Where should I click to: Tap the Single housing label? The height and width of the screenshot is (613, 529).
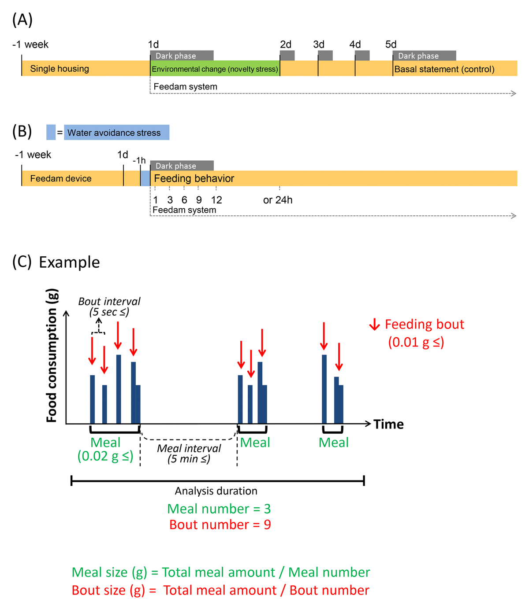click(x=60, y=69)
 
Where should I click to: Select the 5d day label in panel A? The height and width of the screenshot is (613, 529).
click(x=391, y=44)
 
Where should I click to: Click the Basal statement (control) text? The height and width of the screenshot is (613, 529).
click(x=444, y=69)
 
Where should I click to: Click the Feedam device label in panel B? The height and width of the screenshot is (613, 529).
click(x=61, y=178)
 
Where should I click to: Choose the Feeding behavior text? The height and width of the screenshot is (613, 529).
click(x=194, y=178)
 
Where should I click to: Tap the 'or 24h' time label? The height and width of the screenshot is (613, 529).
click(x=278, y=200)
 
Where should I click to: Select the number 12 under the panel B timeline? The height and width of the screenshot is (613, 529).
click(x=216, y=200)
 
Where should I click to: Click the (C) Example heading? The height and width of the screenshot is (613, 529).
click(x=56, y=262)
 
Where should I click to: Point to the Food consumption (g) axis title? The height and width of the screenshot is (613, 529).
click(x=52, y=355)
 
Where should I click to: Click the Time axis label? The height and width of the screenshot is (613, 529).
click(x=388, y=424)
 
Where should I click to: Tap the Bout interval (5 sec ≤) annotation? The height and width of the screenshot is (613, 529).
click(x=109, y=307)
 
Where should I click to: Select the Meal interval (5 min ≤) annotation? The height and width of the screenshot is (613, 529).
click(x=189, y=454)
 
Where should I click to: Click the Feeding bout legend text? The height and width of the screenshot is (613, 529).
click(x=424, y=325)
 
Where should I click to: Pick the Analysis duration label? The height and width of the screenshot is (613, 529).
click(x=216, y=491)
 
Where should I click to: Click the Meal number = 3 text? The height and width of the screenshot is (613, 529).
click(x=219, y=509)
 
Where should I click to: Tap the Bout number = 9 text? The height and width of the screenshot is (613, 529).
click(x=220, y=525)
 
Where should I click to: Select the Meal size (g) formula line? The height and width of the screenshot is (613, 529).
click(x=221, y=572)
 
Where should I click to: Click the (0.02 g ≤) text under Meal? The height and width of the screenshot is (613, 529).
click(x=105, y=456)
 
